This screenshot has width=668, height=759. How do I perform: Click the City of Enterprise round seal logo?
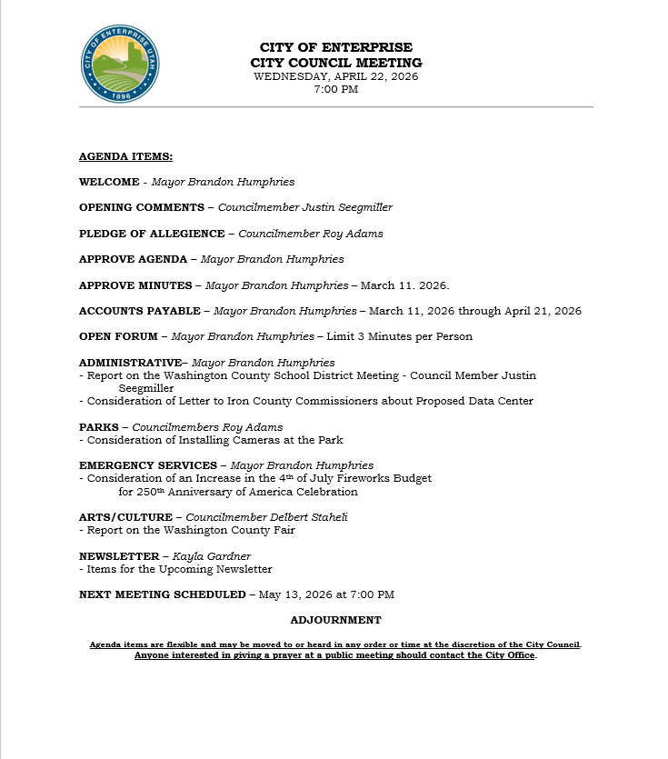click(120, 63)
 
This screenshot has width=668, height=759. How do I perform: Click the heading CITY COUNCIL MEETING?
click(335, 63)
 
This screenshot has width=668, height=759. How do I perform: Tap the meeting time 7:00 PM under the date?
click(335, 89)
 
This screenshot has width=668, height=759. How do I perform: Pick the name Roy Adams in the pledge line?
click(353, 234)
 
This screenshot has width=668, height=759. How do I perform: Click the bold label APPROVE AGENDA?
click(133, 259)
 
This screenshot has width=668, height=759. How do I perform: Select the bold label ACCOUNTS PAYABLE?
click(139, 311)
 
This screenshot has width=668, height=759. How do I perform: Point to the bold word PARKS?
click(98, 427)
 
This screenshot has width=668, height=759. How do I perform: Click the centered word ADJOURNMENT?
click(335, 620)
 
